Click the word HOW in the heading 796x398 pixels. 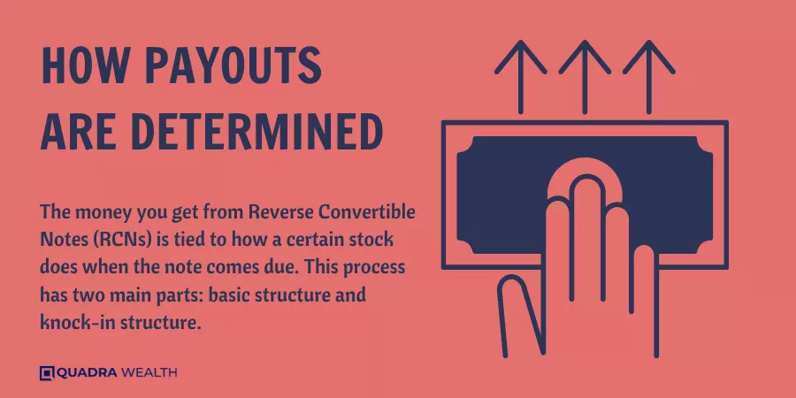click(x=85, y=66)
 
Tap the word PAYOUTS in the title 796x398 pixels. click(x=234, y=66)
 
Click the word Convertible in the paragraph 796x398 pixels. click(x=364, y=211)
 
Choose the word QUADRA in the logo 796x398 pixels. click(x=87, y=373)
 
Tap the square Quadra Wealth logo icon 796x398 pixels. click(x=47, y=373)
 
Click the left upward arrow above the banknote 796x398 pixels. click(x=521, y=77)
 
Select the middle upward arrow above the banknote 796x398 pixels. click(x=585, y=77)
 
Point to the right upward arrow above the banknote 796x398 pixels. click(x=649, y=77)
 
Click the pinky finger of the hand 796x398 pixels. click(x=645, y=300)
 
